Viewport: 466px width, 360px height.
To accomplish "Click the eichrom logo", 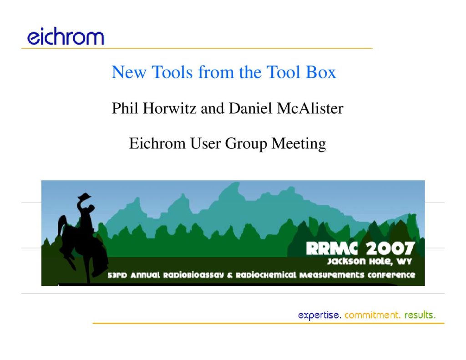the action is [x=66, y=36].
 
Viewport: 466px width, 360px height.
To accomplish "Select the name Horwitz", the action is [x=169, y=108].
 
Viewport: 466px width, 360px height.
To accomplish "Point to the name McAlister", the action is [x=310, y=108].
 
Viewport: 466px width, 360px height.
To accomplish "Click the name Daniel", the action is [x=251, y=108].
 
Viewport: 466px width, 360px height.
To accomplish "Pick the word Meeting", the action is [x=299, y=144].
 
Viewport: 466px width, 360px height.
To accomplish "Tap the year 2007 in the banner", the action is [x=390, y=248].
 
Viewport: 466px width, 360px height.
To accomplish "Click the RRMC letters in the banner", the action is [x=332, y=248].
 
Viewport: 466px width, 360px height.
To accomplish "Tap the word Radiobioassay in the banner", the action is [x=193, y=275].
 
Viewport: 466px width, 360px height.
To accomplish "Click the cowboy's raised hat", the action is [x=84, y=196].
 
